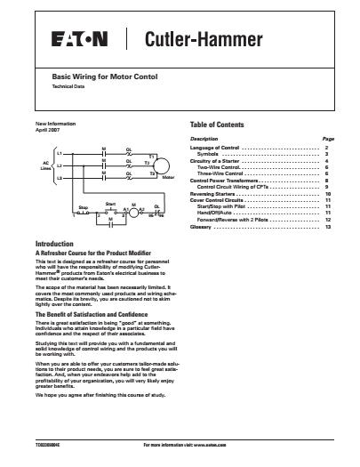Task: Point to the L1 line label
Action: point(60,153)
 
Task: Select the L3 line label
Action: point(60,178)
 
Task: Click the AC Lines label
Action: point(43,165)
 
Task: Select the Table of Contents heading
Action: point(218,125)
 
